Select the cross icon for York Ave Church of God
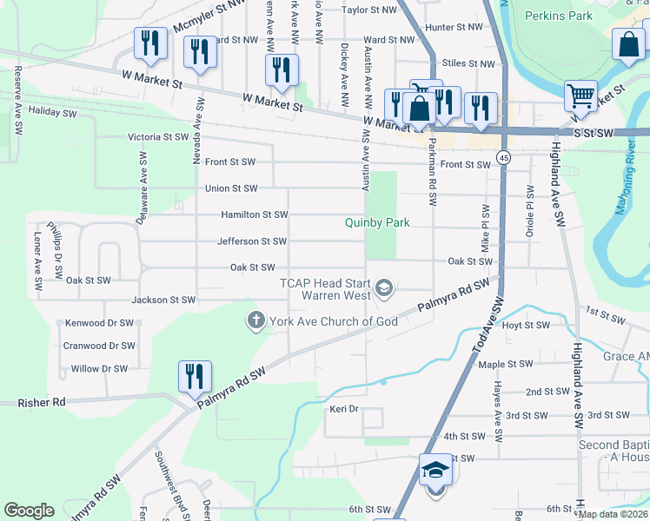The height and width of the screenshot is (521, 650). [255, 321]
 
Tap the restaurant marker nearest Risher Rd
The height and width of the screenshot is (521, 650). [194, 376]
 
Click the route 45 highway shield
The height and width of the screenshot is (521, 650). [504, 157]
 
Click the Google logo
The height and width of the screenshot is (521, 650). [29, 511]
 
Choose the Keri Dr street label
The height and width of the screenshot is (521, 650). [344, 408]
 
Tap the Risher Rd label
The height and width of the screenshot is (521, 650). [42, 403]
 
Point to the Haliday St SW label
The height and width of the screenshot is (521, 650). [52, 113]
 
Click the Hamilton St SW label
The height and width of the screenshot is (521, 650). [254, 214]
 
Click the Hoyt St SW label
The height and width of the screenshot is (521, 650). [527, 326]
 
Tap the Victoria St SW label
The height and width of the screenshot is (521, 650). [158, 137]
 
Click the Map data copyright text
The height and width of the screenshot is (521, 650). [614, 514]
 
